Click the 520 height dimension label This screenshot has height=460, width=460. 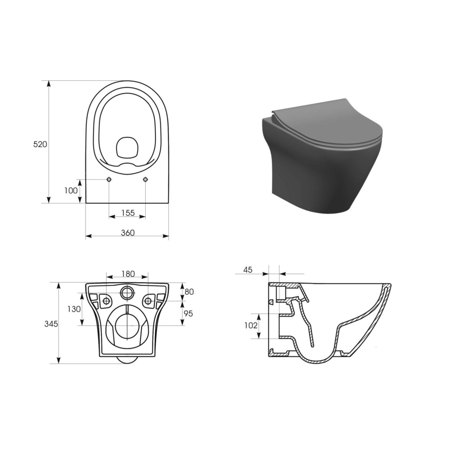point(40,145)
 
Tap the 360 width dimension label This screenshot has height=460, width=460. point(128,233)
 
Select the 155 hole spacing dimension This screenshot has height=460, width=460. point(128,212)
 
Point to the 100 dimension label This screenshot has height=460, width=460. point(71,190)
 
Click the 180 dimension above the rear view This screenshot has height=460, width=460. point(128,274)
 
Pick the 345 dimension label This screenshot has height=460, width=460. point(51,324)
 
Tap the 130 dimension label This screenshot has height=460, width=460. point(74,309)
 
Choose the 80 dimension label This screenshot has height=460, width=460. point(189,292)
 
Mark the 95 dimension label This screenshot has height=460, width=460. point(188,314)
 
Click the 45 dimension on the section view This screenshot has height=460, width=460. point(248,270)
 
